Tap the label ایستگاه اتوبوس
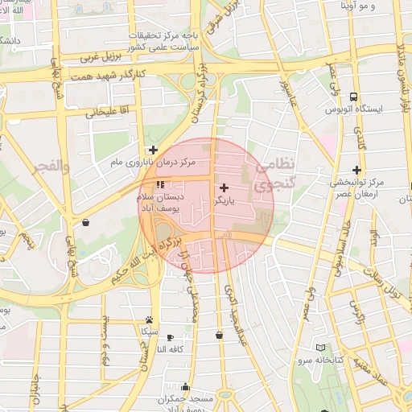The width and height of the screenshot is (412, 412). [362, 107]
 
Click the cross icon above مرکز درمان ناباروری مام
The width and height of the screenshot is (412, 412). [152, 150]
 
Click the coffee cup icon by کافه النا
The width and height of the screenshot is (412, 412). [170, 337]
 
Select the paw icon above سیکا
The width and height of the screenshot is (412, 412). [149, 320]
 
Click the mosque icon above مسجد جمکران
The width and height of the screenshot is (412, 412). [186, 386]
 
